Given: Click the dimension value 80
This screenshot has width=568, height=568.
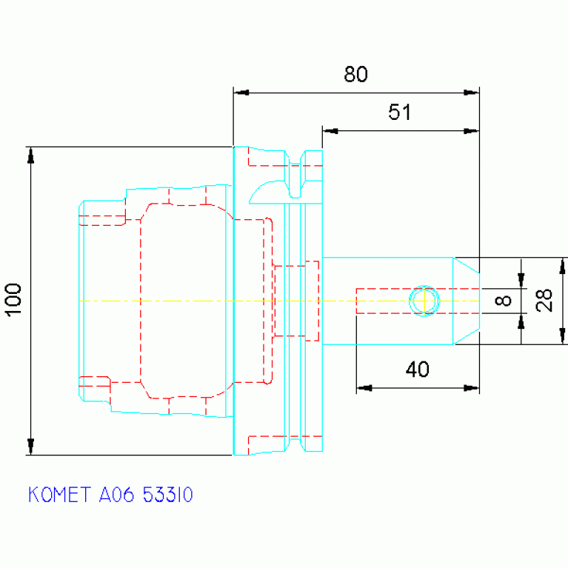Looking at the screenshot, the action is click(355, 74).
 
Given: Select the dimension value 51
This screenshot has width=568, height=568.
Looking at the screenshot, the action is click(400, 112).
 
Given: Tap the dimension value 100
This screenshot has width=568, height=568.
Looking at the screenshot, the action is click(14, 301).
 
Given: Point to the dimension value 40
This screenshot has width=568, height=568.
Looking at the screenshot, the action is click(418, 370).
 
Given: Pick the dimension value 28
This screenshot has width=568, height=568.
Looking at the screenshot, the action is click(544, 301).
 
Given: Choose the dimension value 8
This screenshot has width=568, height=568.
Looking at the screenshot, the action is click(503, 301).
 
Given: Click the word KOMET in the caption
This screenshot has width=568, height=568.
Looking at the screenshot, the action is click(60, 495).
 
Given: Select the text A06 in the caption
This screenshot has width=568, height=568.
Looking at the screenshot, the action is click(116, 495).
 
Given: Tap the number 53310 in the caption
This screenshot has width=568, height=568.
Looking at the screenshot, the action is click(167, 495).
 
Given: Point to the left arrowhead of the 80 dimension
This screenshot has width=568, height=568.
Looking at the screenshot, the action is click(241, 93).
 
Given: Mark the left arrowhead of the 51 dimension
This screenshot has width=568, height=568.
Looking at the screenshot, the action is click(330, 131).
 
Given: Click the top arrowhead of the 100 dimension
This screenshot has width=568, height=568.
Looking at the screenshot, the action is click(31, 155).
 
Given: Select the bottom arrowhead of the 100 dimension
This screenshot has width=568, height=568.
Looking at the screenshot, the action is click(31, 447).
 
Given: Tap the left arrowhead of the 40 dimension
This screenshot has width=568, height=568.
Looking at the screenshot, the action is click(364, 388).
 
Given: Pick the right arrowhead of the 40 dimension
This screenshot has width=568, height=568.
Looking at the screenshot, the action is click(471, 388).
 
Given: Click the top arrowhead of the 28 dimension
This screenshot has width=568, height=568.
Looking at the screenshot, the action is click(562, 266).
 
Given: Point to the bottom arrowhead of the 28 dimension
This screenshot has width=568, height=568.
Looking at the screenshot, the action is click(562, 336).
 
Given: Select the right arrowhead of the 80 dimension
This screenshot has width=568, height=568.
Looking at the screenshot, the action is click(471, 93).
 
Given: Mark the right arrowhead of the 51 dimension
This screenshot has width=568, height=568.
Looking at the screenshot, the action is click(471, 131).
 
